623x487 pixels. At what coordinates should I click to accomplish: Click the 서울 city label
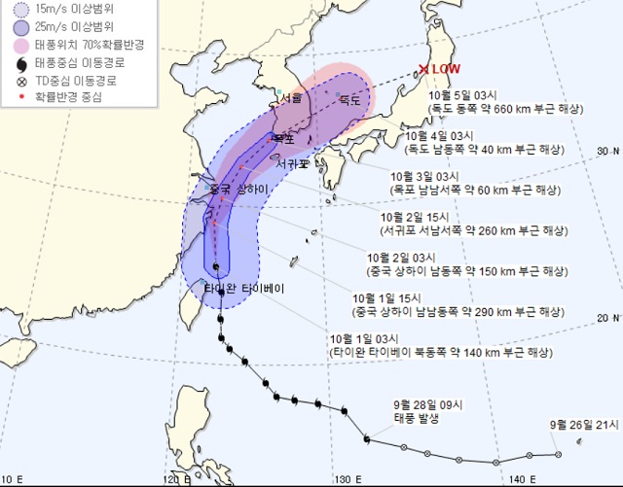pos(291,98)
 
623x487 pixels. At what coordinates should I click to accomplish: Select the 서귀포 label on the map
pos(291,164)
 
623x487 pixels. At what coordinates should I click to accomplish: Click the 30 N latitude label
pos(605,151)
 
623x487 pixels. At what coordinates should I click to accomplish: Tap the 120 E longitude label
pos(176,479)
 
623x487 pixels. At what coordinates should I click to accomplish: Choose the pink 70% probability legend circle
pos(20,45)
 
